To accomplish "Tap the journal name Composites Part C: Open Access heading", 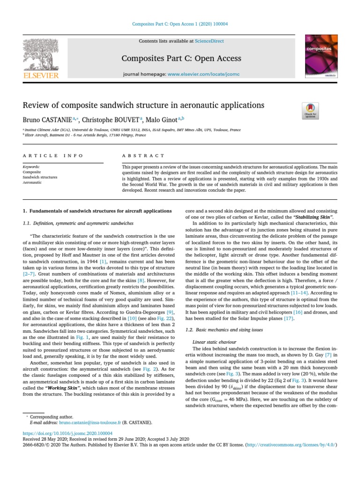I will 181,59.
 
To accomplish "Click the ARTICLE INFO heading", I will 53,156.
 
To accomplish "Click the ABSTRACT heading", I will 143,156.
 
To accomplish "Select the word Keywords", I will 31,167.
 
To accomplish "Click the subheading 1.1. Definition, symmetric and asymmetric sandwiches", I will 78,223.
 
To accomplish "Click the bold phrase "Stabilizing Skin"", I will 314,217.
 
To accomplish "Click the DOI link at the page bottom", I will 67,434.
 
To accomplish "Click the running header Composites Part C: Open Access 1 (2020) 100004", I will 180,24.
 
